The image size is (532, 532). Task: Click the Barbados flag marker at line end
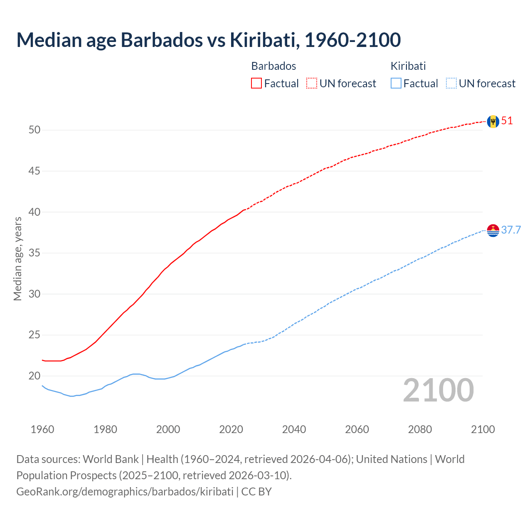pos(493,121)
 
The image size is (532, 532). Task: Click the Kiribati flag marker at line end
pos(493,230)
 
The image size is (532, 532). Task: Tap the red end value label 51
pos(507,121)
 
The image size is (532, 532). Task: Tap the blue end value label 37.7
pos(511,230)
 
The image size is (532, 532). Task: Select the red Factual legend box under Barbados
pos(256,84)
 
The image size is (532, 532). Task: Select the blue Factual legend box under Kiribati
pos(396,84)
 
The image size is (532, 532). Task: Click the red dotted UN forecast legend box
pos(312,84)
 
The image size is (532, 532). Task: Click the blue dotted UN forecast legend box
pos(451,84)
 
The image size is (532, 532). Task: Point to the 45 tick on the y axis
pos(34,171)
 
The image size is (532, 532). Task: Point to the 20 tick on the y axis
pos(34,376)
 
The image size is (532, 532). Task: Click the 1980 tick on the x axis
pos(105,429)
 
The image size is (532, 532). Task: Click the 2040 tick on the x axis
pos(294,429)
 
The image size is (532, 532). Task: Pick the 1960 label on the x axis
pos(42,429)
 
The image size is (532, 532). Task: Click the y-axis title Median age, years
pos(17,259)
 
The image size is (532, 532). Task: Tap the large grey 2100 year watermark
pos(438,390)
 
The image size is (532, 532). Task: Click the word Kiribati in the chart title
pos(263,40)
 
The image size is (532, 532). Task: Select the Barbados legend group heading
pos(273,66)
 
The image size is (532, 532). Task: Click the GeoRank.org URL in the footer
pos(125,492)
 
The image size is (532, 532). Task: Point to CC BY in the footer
pos(256,492)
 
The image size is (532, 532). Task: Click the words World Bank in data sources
pos(111,459)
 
